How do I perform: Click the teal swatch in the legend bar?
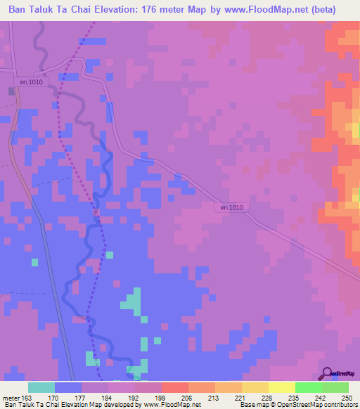click(41, 387)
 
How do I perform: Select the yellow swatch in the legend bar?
click(282, 387)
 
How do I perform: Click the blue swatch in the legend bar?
click(68, 387)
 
